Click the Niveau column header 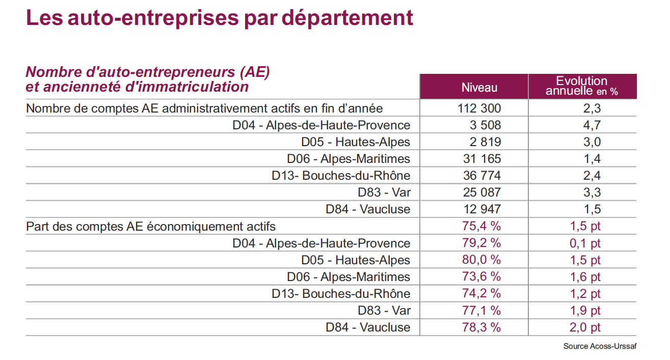479,88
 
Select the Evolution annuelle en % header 582,86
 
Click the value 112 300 479,108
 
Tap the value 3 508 485,125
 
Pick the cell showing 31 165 482,158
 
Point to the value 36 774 482,176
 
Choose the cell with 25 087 482,192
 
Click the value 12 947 482,209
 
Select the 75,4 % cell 481,226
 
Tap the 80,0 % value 481,260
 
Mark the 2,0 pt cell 585,327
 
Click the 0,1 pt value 585,243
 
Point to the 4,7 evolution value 592,125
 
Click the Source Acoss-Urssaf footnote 600,346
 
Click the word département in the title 347,18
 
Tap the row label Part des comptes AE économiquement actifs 151,227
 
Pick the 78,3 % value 481,327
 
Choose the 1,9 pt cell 585,311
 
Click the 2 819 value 485,142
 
